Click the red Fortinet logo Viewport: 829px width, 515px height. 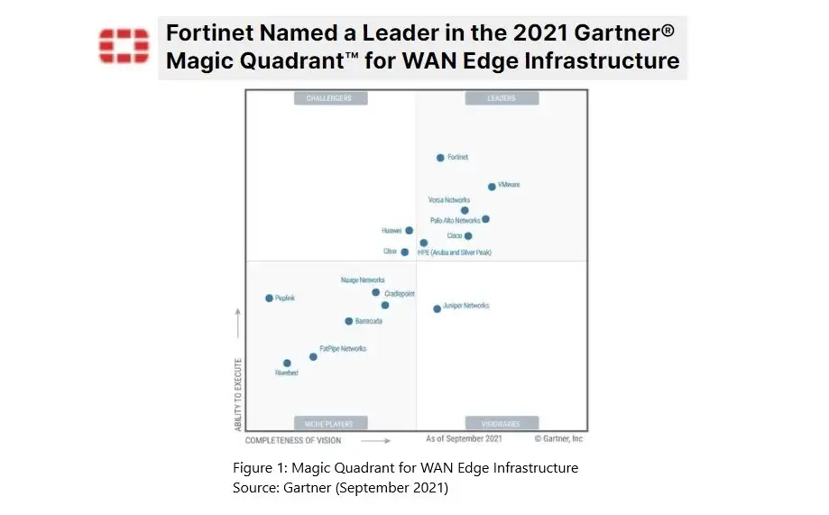124,46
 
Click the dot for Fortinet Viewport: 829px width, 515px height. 440,157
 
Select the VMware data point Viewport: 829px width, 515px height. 492,187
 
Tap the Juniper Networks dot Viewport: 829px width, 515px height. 437,308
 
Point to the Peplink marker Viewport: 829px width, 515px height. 269,298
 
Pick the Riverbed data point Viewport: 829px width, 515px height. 287,363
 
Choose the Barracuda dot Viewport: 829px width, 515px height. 348,321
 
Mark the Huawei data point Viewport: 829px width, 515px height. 409,231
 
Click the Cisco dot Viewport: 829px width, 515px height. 468,236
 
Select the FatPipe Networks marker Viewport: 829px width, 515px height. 313,357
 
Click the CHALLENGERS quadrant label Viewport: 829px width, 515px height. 328,98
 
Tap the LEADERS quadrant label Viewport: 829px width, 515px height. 501,98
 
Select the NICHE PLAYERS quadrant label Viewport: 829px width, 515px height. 329,423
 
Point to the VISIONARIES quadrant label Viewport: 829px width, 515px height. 501,423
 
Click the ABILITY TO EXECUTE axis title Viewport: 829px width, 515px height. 239,393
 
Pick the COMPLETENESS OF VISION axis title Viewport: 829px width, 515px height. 293,441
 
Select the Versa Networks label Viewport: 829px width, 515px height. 448,199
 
